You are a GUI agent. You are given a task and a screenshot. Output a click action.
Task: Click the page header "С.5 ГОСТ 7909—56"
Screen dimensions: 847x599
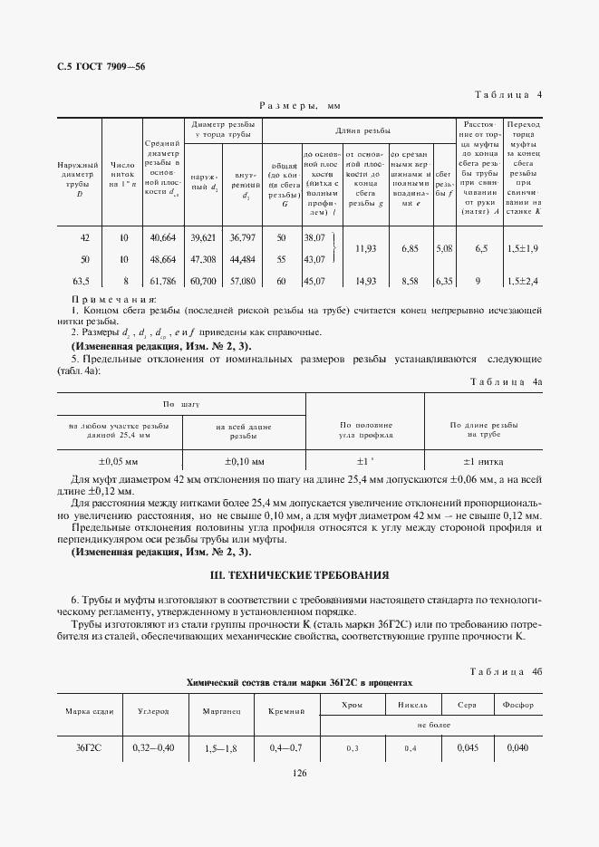click(x=101, y=68)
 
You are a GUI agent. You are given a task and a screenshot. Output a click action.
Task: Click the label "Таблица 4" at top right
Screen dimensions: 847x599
click(x=508, y=94)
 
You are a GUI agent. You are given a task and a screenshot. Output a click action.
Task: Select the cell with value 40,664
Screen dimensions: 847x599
click(x=163, y=237)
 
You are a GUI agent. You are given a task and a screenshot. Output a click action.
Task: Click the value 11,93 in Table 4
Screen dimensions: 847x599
click(x=366, y=247)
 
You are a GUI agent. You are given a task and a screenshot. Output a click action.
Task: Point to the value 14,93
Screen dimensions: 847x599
click(x=366, y=282)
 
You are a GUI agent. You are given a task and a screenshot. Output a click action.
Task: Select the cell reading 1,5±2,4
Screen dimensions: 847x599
click(x=523, y=282)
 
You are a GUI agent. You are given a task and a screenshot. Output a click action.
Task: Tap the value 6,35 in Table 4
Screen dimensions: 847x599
click(x=444, y=282)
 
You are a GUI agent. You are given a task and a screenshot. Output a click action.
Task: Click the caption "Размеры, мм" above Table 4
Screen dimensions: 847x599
click(x=299, y=106)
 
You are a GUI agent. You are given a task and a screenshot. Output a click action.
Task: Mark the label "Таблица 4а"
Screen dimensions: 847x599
click(x=507, y=382)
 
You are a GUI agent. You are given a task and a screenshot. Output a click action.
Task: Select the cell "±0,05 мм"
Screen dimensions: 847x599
click(x=119, y=461)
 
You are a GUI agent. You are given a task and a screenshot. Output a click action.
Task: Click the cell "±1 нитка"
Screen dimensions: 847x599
click(x=483, y=461)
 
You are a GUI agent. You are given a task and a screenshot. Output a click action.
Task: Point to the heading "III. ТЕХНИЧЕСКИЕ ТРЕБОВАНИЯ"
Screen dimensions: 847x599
click(x=299, y=575)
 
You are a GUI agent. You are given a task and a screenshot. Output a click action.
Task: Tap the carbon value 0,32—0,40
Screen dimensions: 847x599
click(x=152, y=748)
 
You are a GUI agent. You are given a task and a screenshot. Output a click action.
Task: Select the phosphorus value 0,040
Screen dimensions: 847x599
click(x=518, y=748)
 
